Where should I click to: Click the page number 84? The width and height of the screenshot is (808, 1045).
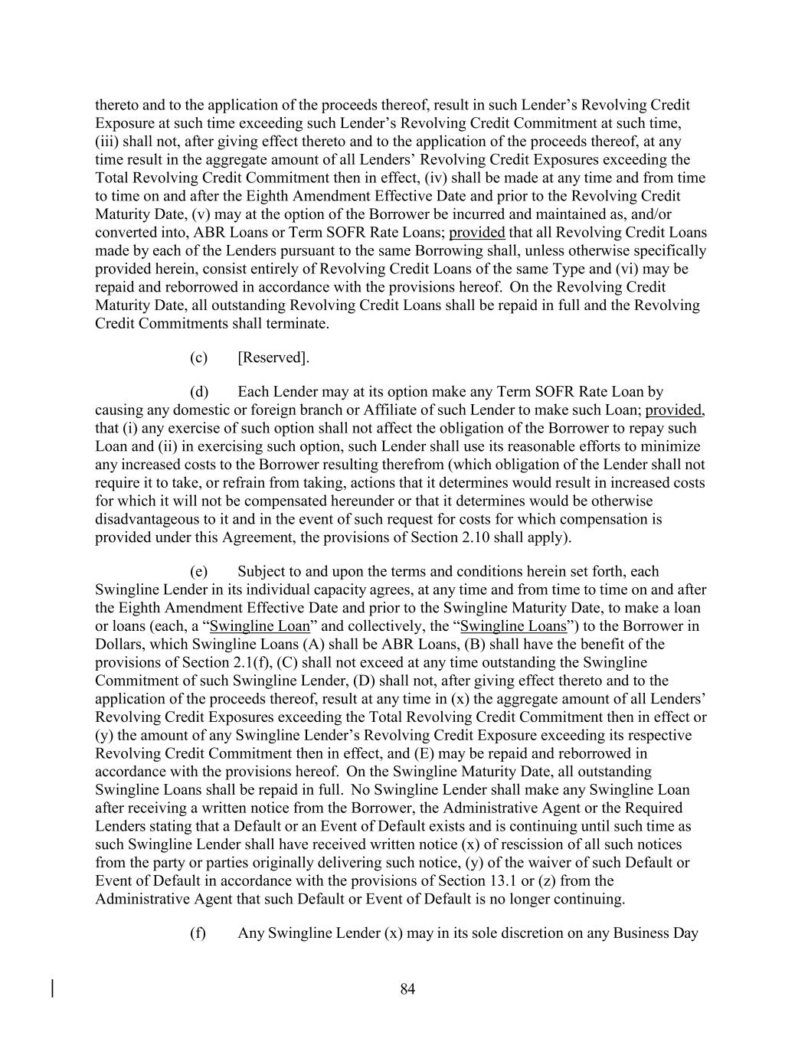[407, 990]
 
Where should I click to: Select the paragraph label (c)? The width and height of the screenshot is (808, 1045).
[198, 358]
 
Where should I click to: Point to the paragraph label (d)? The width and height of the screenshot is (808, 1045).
[199, 392]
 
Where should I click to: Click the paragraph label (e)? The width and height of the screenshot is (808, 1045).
[198, 572]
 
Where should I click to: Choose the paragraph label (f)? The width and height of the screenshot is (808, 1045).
[198, 933]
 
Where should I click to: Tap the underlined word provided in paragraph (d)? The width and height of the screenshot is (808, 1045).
[673, 410]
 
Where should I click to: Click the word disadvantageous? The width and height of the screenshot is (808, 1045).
[150, 519]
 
